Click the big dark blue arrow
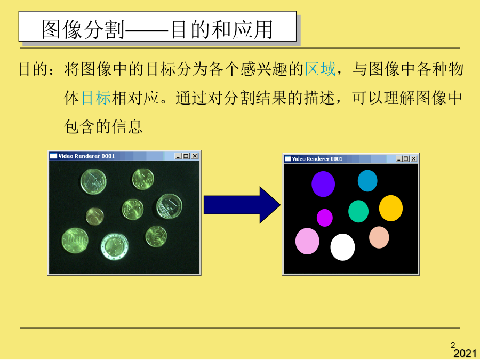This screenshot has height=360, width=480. coord(242,205)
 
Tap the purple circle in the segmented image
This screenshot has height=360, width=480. coord(323,184)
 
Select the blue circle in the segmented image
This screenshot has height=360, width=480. coord(367,181)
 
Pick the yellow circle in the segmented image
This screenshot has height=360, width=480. coord(391,208)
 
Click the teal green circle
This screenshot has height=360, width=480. coord(358,211)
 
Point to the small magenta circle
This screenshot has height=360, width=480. coord(325,218)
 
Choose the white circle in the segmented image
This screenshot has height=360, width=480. coord(342,247)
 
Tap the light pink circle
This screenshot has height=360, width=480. coord(307,241)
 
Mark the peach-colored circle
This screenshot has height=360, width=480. coord(379,237)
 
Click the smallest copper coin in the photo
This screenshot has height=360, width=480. coord(95,216)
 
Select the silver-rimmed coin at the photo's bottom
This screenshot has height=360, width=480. coord(115,246)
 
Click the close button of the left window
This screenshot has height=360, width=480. coord(195,156)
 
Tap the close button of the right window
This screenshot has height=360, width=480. coord(413,158)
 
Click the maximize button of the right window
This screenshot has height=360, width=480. coord(406,158)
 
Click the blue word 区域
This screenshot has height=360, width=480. coord(321,69)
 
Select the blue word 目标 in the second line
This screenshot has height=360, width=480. coord(96,98)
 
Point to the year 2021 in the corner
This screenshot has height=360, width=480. coord(465,353)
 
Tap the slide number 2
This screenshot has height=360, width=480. coord(453,345)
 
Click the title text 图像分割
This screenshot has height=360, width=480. coord(83,30)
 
